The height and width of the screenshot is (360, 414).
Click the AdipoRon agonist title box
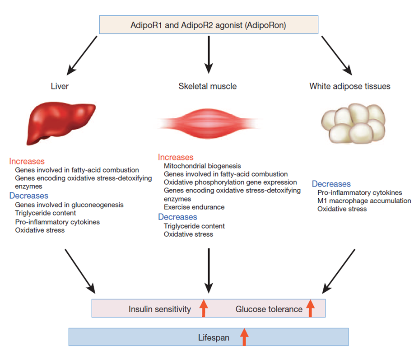pyautogui.click(x=209, y=24)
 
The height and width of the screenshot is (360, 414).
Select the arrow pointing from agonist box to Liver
pyautogui.click(x=82, y=56)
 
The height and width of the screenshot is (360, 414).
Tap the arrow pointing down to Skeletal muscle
pyautogui.click(x=209, y=55)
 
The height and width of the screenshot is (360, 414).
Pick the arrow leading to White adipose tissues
pyautogui.click(x=337, y=56)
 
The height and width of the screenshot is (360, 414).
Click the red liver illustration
pyautogui.click(x=60, y=123)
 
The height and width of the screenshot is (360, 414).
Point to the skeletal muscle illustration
pyautogui.click(x=209, y=123)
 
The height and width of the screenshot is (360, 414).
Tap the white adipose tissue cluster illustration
pyautogui.click(x=353, y=123)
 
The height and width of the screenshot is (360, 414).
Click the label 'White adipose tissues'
pyautogui.click(x=350, y=86)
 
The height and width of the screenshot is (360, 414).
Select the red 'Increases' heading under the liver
pyautogui.click(x=27, y=161)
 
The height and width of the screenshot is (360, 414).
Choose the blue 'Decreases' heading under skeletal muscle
pyautogui.click(x=177, y=217)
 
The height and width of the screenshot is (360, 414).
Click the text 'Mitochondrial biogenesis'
pyautogui.click(x=202, y=166)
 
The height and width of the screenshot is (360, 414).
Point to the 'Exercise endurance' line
pyautogui.click(x=194, y=207)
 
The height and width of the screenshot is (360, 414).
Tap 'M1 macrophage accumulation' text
pyautogui.click(x=364, y=201)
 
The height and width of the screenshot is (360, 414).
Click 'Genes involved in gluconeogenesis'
pyautogui.click(x=69, y=205)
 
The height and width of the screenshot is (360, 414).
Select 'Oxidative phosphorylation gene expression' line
pyautogui.click(x=230, y=182)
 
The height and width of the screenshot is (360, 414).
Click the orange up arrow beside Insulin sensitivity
pyautogui.click(x=204, y=308)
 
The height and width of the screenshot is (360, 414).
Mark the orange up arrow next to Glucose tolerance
pyautogui.click(x=310, y=308)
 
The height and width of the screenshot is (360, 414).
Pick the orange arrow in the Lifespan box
pyautogui.click(x=244, y=337)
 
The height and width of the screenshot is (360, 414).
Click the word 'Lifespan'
pyautogui.click(x=214, y=337)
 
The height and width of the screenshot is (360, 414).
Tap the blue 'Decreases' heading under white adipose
pyautogui.click(x=331, y=184)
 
